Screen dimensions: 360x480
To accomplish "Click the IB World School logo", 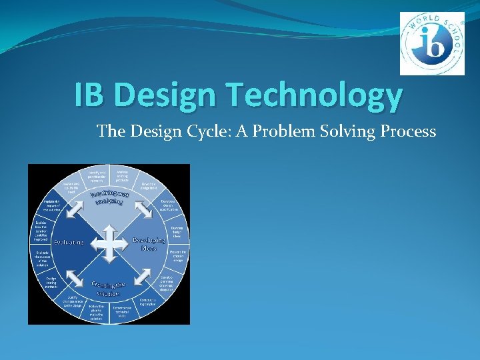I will click(x=431, y=43).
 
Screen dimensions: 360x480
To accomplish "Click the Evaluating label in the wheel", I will click(x=69, y=242).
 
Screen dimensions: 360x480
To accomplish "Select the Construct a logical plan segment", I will click(x=148, y=302).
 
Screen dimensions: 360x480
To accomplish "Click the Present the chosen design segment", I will click(x=177, y=255).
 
